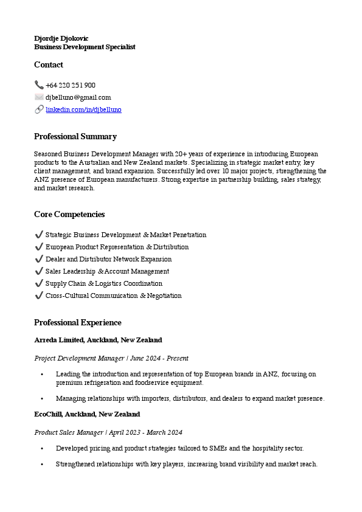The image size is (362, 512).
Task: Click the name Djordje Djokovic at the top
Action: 61,38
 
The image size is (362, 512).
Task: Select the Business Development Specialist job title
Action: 85,47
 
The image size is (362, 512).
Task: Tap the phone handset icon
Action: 39,85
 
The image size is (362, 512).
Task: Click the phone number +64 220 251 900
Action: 71,85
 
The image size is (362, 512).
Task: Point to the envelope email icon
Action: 39,97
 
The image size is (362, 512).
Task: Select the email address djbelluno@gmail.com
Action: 78,97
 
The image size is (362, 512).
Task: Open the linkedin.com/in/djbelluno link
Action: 83,109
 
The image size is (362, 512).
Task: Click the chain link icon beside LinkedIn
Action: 39,109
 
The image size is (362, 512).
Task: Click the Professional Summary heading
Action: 75,136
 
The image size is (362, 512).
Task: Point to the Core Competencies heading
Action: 69,214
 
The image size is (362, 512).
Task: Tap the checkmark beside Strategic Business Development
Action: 39,235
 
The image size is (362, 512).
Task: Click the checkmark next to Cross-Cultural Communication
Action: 39,296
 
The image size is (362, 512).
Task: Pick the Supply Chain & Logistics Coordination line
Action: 103,283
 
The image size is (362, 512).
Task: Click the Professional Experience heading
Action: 78,322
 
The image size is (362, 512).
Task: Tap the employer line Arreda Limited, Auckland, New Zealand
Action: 98,340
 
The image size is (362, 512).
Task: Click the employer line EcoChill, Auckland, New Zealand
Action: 87,414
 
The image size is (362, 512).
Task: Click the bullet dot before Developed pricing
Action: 42,448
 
